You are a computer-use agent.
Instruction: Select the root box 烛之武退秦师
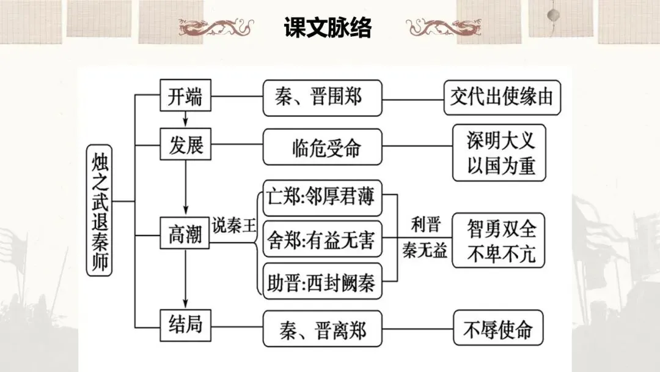[99, 209]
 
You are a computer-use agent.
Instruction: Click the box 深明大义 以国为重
[498, 153]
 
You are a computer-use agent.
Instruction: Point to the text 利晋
[425, 224]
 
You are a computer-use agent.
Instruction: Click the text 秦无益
[425, 251]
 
